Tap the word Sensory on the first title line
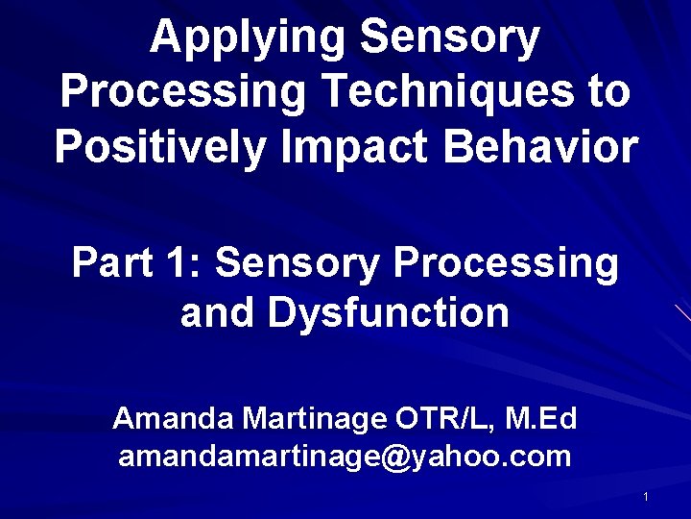tap(449, 38)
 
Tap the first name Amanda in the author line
tap(172, 419)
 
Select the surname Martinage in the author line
tap(314, 419)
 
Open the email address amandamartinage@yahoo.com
tap(345, 456)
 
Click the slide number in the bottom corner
tap(646, 497)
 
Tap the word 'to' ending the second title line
tap(608, 93)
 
